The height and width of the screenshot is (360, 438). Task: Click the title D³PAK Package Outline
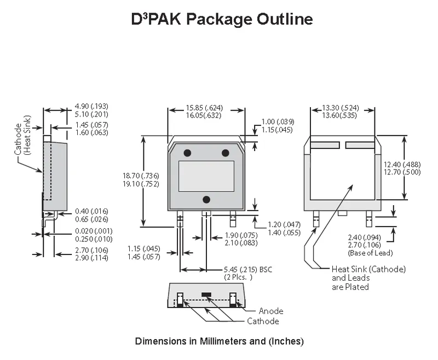click(x=222, y=20)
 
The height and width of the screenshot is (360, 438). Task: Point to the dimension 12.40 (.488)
click(x=418, y=165)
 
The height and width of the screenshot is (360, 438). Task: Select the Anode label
click(x=271, y=311)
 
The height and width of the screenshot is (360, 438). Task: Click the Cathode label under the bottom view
click(x=263, y=321)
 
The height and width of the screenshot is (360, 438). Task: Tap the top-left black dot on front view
click(x=187, y=153)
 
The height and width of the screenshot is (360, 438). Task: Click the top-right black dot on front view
click(x=225, y=153)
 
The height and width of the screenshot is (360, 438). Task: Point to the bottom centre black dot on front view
click(x=206, y=199)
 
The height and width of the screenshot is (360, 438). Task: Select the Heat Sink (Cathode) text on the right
click(x=368, y=269)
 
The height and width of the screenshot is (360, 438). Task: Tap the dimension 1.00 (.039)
click(x=278, y=121)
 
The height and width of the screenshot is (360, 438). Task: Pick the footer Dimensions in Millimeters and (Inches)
click(x=219, y=341)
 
